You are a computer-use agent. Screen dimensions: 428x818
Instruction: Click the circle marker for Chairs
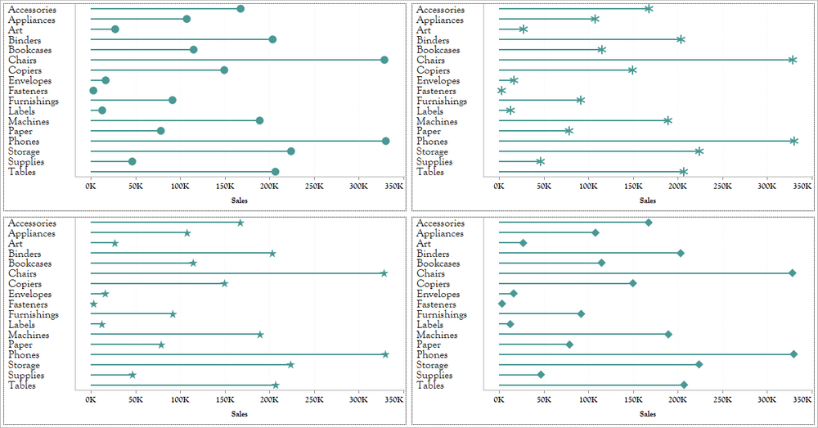[384, 60]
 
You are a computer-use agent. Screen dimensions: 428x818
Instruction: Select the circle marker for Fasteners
[93, 91]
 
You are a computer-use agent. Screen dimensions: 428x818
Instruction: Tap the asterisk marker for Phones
[793, 142]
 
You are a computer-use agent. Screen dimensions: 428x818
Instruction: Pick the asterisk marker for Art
[524, 29]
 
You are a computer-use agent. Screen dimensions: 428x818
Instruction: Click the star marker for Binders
[272, 254]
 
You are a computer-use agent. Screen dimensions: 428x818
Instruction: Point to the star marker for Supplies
[133, 375]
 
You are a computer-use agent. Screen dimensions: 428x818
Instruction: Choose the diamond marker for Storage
[699, 365]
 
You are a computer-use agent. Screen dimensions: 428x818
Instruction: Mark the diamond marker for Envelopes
[514, 294]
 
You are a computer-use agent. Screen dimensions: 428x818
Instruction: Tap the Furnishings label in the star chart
[33, 314]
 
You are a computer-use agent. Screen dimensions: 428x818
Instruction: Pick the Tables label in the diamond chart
[430, 385]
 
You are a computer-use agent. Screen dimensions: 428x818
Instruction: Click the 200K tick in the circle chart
[269, 187]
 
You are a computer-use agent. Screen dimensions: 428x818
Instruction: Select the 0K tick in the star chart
[91, 400]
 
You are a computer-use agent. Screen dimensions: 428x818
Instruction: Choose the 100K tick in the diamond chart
[588, 400]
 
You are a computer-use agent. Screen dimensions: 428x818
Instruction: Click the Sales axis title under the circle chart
[240, 200]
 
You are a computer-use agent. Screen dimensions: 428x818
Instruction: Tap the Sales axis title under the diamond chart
[648, 414]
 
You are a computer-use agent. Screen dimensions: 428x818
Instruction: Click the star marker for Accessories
[240, 223]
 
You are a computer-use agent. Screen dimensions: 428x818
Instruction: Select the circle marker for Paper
[160, 131]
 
